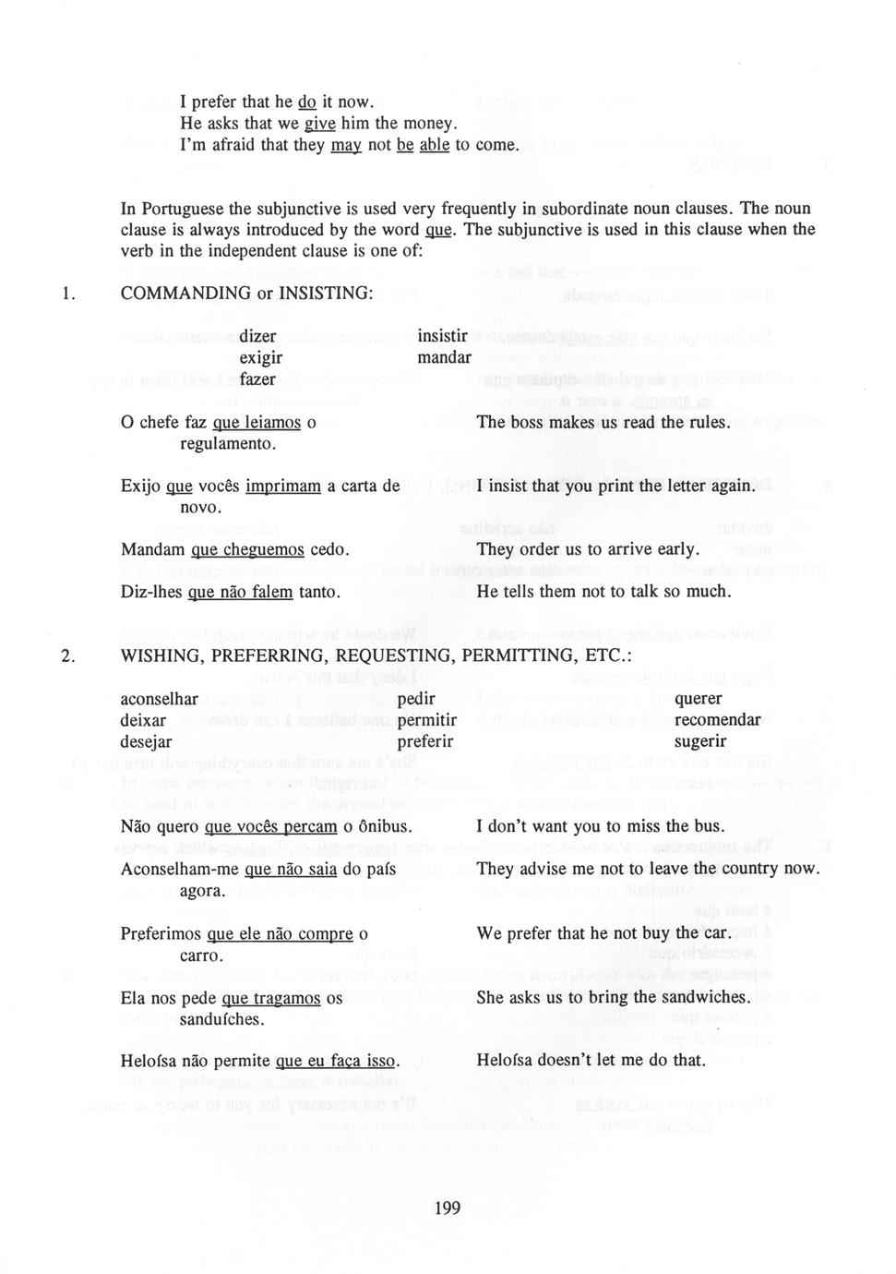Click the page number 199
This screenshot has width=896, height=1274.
pos(447,1208)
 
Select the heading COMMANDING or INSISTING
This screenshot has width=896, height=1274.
pos(246,293)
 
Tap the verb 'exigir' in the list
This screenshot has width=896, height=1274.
pos(261,358)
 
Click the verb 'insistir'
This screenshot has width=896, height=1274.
pos(443,336)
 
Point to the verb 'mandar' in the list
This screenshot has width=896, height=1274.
pos(444,357)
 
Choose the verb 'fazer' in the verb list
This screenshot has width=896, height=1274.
pos(257,379)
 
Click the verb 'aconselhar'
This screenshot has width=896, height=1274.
pos(160,699)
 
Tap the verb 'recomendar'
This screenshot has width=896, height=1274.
pos(717,720)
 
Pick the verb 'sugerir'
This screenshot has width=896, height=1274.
pos(700,741)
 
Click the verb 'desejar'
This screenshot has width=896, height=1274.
pos(146,741)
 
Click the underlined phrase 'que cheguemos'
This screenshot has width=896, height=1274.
pos(246,550)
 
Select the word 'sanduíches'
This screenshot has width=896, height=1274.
pos(221,1019)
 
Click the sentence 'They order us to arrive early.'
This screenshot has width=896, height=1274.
pos(586,550)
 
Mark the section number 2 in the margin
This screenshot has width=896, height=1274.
pos(66,656)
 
